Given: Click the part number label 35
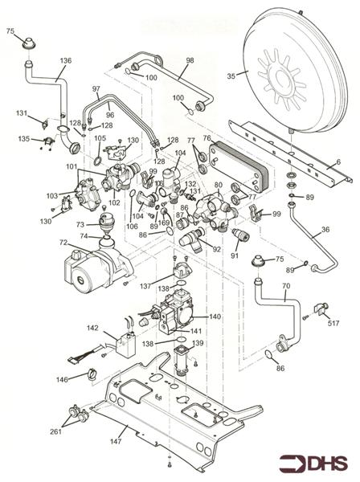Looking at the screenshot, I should pos(231,76).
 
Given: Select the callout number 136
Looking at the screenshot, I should pos(65,60).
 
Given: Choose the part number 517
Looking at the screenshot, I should pos(332,324).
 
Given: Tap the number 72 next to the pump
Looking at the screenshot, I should pos(63,241).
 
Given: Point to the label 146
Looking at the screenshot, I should pos(62,378).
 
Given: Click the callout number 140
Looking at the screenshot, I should pos(215,317).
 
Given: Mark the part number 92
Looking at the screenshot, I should pos(216,249).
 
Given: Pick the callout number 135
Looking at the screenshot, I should pos(24,139).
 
